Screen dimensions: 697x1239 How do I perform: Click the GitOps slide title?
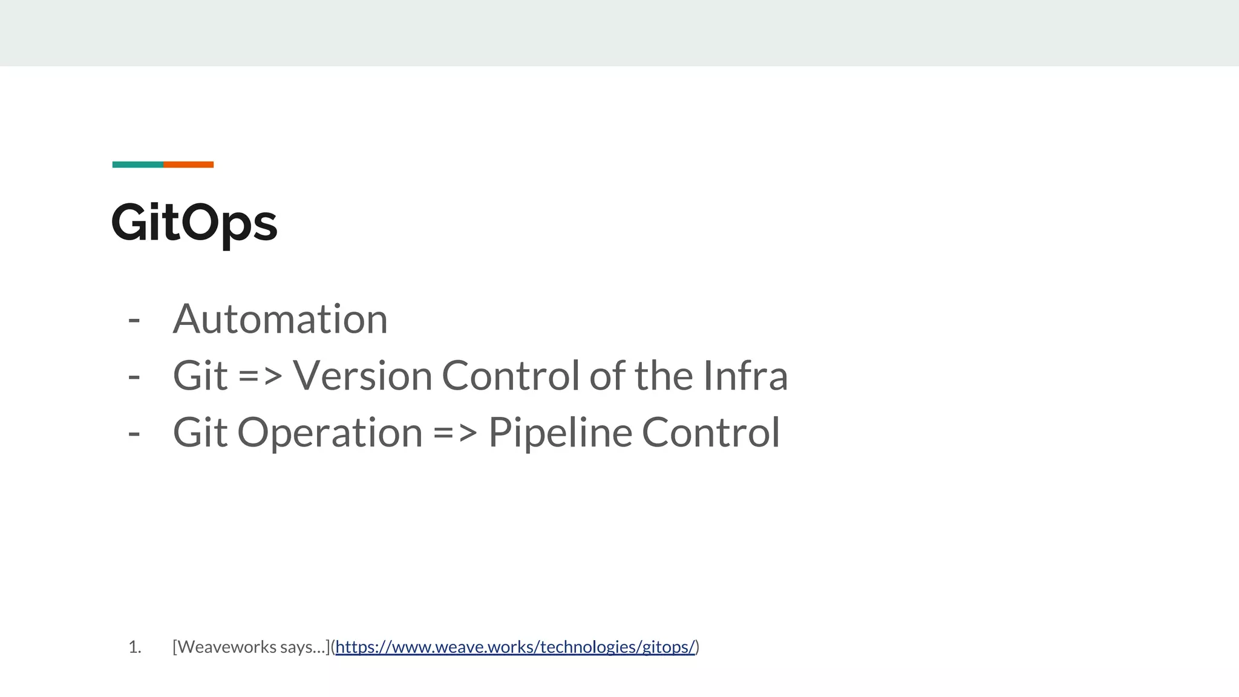tap(194, 223)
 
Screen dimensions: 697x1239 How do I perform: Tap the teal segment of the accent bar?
tap(138, 165)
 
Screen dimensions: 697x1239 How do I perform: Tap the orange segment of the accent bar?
tap(188, 165)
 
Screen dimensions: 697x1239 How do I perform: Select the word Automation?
tap(280, 319)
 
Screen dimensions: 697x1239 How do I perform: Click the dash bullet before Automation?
tap(134, 320)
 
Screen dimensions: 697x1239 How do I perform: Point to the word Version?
tap(363, 376)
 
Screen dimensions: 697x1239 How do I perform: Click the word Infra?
tap(745, 376)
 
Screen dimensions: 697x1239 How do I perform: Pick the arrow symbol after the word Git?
tap(260, 376)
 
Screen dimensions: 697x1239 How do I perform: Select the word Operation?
tap(330, 433)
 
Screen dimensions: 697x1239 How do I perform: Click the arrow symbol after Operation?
tap(455, 433)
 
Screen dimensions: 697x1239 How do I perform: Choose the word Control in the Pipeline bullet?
tap(711, 433)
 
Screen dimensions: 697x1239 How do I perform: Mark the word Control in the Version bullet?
tap(511, 376)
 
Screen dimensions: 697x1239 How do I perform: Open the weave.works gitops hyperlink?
tap(515, 647)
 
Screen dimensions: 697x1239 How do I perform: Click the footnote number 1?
tap(134, 647)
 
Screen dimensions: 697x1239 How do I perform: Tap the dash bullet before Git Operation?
tap(134, 434)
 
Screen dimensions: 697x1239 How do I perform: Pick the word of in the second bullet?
tap(608, 376)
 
